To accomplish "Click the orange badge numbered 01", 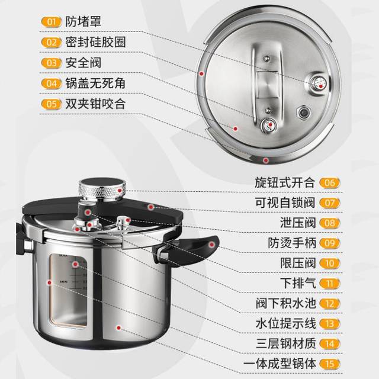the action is [x=52, y=22].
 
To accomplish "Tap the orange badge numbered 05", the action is [x=52, y=104].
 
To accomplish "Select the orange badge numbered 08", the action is [x=330, y=223].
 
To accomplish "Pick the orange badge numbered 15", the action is [x=330, y=364].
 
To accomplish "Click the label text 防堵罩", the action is [x=83, y=22].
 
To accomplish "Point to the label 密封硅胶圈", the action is [x=95, y=42].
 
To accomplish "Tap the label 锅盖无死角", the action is [x=95, y=83].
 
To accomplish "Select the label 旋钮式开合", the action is [x=285, y=182].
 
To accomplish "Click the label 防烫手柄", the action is [x=292, y=243].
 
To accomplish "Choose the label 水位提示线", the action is [x=285, y=323].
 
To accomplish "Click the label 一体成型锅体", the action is [x=280, y=364].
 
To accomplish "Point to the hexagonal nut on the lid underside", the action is [x=304, y=113].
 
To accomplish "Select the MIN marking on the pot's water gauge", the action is [x=63, y=282].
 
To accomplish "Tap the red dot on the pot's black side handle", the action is [x=212, y=245].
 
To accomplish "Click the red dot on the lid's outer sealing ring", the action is [x=201, y=73].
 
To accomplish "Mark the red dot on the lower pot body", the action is [x=118, y=328].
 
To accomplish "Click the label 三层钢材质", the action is [x=285, y=343].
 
